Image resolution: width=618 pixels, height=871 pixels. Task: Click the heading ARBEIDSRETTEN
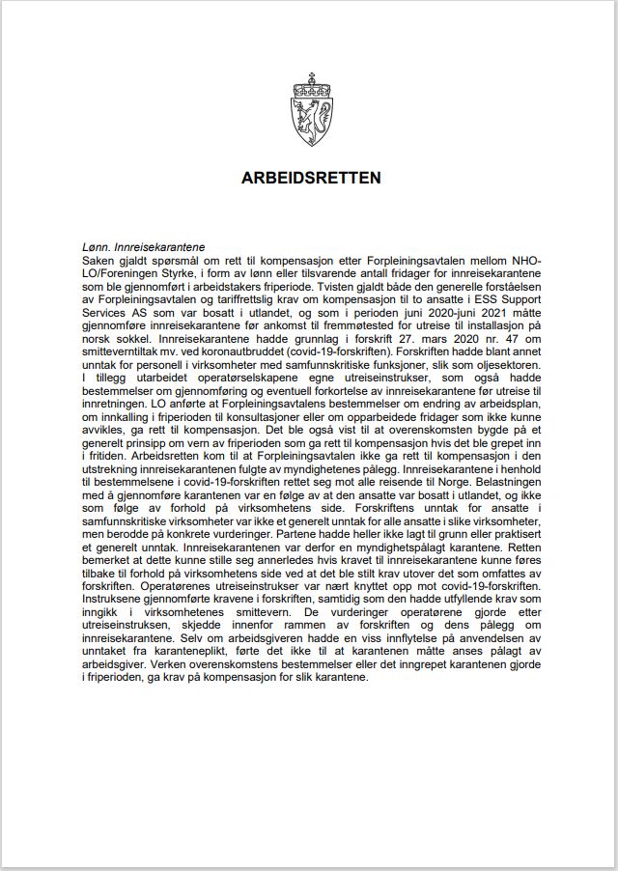coord(311,178)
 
